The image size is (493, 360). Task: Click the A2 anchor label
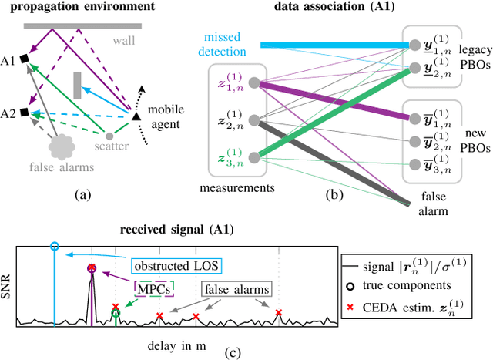coord(9,112)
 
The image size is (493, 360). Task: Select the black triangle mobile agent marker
coord(136,116)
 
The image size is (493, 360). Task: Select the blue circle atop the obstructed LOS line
coord(54,246)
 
